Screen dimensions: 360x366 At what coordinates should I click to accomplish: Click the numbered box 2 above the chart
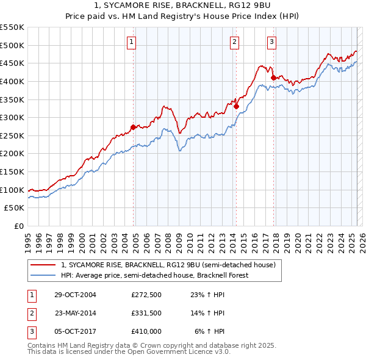click(x=235, y=42)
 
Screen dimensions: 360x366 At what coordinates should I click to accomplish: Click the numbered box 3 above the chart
click(x=271, y=42)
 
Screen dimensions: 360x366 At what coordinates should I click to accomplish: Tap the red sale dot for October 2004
click(x=133, y=128)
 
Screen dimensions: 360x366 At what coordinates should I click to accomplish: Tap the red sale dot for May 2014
click(x=236, y=106)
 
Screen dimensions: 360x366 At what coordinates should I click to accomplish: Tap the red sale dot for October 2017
click(x=273, y=77)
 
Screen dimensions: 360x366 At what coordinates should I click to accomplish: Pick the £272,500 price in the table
click(x=146, y=295)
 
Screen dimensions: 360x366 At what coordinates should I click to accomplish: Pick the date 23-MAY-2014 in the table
click(x=76, y=313)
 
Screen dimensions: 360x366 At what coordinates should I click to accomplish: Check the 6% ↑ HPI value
click(x=210, y=331)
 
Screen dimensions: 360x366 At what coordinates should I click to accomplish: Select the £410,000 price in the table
click(x=146, y=331)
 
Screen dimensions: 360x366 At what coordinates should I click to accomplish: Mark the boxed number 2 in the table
click(x=30, y=313)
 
